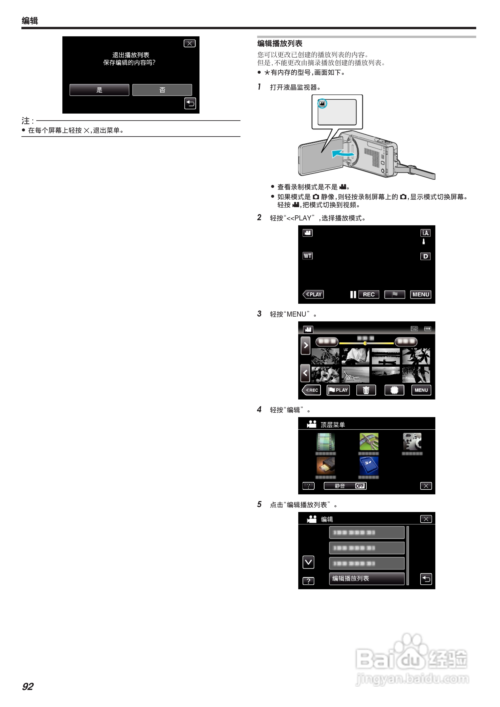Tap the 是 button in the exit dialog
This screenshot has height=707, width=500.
(x=99, y=90)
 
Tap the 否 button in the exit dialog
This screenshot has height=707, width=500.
(x=162, y=90)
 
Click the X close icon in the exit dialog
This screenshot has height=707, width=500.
(x=189, y=43)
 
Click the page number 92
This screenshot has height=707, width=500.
(x=28, y=687)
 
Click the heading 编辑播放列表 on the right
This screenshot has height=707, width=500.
(x=280, y=43)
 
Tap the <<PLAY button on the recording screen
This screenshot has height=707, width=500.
(x=313, y=294)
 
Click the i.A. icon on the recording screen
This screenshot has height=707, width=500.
(x=425, y=233)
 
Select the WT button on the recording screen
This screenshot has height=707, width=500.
(x=307, y=256)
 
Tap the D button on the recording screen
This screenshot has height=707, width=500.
(x=425, y=256)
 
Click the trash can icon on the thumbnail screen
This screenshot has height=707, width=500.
(x=366, y=390)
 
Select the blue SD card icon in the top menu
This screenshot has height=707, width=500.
(x=369, y=466)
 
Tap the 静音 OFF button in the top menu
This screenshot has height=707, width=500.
(x=345, y=486)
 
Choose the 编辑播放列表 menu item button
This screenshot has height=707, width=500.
(x=367, y=579)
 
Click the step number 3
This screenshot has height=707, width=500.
(x=259, y=314)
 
